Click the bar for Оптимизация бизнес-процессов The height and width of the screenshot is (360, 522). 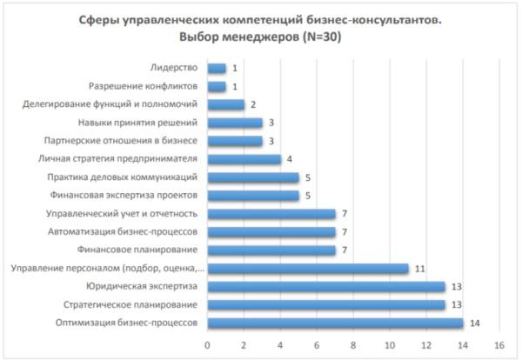pos(335,323)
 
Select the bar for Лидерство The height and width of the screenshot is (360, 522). pos(217,68)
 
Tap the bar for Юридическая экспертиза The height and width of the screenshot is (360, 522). pos(325,286)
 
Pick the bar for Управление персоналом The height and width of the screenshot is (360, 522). pos(307,268)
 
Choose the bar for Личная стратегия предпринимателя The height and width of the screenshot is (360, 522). pos(244,159)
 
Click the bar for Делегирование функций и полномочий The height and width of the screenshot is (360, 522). pos(225,104)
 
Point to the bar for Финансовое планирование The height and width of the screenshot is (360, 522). pos(271,250)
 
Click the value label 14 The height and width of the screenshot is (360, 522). pos(474,323)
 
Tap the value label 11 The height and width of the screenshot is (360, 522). pos(419,268)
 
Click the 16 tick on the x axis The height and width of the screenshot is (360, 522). pos(499,345)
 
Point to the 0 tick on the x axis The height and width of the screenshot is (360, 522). pos(207,345)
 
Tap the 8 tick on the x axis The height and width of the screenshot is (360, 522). pos(353,345)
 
